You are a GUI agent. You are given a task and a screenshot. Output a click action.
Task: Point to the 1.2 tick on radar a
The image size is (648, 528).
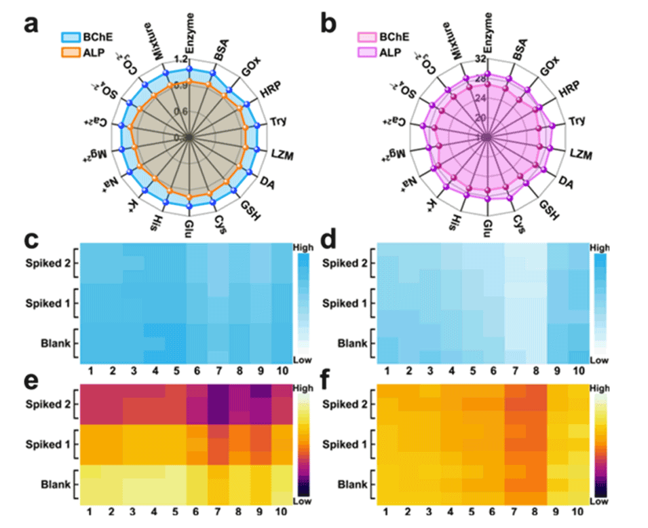point(180,59)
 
